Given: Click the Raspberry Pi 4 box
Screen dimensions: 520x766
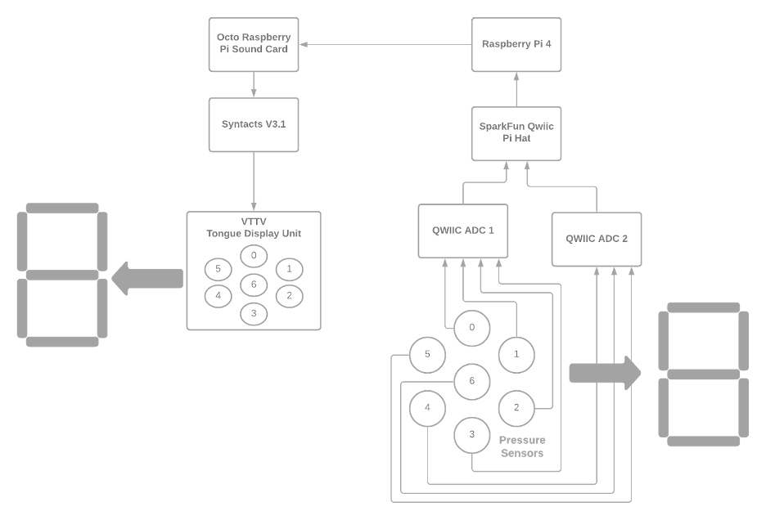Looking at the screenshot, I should coord(516,44).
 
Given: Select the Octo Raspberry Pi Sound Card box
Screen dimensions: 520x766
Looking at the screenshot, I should coord(253,44).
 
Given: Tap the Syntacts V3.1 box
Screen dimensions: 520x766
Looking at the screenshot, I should coord(253,124).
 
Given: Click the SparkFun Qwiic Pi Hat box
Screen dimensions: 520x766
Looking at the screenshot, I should coord(516,132).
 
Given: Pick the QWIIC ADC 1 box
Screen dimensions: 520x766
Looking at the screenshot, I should coord(462,230).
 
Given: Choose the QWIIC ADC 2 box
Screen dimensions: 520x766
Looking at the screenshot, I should coord(596,239).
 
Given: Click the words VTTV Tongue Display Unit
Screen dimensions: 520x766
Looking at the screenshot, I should coord(253,227).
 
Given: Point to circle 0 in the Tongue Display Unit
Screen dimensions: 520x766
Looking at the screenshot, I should coord(254,256).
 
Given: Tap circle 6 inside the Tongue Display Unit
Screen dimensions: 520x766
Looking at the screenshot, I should coord(254,285).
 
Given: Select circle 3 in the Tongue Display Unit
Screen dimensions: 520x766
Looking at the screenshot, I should coord(254,313).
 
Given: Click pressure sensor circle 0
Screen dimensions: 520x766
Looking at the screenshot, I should coord(471,329).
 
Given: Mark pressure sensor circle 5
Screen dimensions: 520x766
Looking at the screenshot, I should coord(427,355).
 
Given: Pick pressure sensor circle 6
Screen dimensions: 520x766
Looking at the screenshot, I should coord(471,381).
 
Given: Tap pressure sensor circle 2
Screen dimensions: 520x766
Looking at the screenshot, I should coord(516,407).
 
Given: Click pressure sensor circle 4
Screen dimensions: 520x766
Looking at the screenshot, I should coord(427,407).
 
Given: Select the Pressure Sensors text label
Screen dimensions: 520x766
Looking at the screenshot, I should coord(522,446).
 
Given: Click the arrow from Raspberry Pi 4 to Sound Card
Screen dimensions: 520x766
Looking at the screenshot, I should coord(385,45).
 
